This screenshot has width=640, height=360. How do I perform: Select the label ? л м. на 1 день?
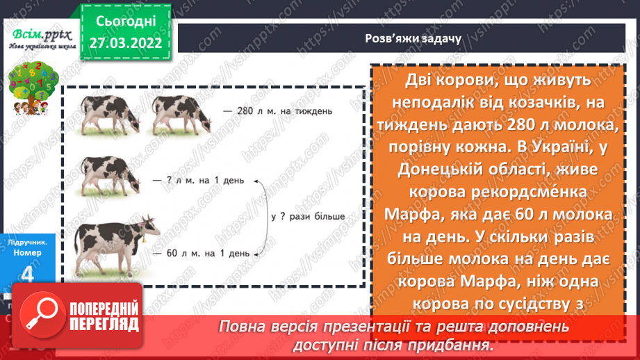[199, 181]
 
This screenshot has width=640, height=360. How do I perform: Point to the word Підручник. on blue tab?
[28, 242]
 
